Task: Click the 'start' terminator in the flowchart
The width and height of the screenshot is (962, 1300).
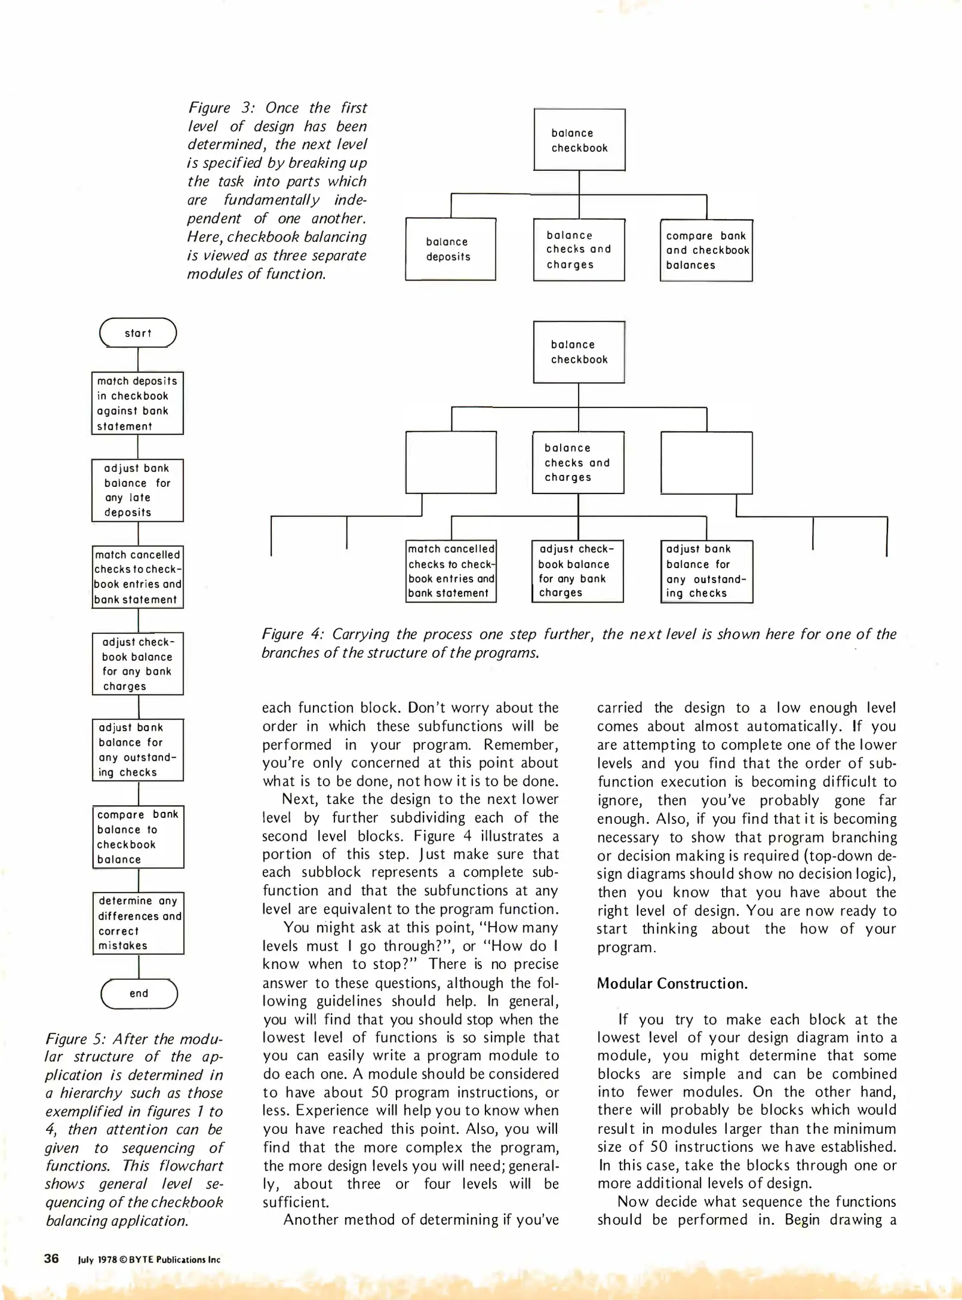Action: point(138,333)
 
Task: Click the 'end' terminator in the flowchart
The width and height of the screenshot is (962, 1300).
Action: point(139,993)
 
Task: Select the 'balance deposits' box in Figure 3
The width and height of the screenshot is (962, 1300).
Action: point(450,249)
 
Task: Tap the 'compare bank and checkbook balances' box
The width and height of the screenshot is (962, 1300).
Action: point(706,250)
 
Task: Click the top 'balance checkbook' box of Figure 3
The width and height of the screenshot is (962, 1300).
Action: point(579,140)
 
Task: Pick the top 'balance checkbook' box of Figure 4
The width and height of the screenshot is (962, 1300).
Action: point(579,352)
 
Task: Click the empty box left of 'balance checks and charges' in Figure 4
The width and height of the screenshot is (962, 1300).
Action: point(451,462)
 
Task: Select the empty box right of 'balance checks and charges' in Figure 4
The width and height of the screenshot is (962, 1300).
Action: point(706,462)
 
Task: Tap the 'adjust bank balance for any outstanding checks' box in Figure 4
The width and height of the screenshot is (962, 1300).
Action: point(706,571)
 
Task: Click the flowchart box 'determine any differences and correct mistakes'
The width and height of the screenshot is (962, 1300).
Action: point(138,923)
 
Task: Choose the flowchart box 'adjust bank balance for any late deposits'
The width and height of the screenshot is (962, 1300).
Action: point(138,490)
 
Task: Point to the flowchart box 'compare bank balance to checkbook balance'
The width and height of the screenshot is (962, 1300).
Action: point(138,837)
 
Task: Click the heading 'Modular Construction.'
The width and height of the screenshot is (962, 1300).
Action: point(672,983)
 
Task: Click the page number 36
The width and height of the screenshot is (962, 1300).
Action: point(51,1258)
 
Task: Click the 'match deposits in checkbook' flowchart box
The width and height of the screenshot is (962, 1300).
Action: point(138,403)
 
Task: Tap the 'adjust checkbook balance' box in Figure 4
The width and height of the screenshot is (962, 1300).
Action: point(578,571)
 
